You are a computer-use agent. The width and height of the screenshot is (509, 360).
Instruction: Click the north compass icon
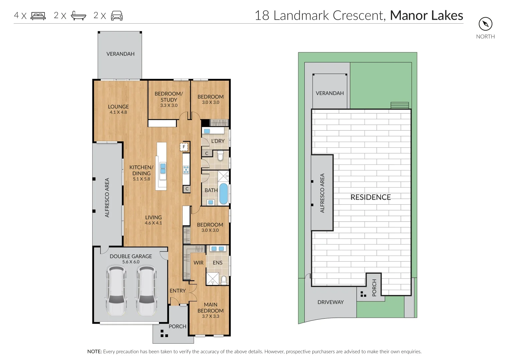(485, 24)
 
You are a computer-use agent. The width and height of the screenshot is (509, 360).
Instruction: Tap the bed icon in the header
(38, 16)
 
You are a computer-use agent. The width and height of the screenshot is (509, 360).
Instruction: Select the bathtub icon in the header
(78, 16)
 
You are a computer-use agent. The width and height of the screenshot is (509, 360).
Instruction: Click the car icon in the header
(117, 16)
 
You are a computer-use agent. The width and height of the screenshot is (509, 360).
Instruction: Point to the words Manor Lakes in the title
(427, 15)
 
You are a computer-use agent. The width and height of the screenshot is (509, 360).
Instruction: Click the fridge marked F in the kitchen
(184, 147)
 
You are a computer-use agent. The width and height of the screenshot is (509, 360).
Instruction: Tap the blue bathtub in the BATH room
(223, 194)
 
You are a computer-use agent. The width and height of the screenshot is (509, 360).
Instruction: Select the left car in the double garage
(116, 291)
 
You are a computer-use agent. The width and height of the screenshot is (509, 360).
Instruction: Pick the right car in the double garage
(147, 291)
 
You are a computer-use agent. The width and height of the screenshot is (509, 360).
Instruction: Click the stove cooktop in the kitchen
(186, 170)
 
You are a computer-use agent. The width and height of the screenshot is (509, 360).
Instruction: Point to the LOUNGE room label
(118, 107)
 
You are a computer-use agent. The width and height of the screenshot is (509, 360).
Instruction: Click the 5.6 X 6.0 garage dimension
(131, 262)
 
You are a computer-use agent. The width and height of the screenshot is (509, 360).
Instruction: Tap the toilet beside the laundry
(220, 156)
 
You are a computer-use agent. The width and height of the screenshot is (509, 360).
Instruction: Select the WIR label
(198, 263)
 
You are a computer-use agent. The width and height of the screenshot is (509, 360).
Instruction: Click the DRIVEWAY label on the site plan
(331, 302)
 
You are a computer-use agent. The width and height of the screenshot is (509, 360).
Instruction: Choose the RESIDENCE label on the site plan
(371, 197)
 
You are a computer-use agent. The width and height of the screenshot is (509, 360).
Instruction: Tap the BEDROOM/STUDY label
(169, 97)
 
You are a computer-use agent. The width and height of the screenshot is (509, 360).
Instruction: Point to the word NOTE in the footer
(95, 352)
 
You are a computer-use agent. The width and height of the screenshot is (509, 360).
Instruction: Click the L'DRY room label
(218, 141)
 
